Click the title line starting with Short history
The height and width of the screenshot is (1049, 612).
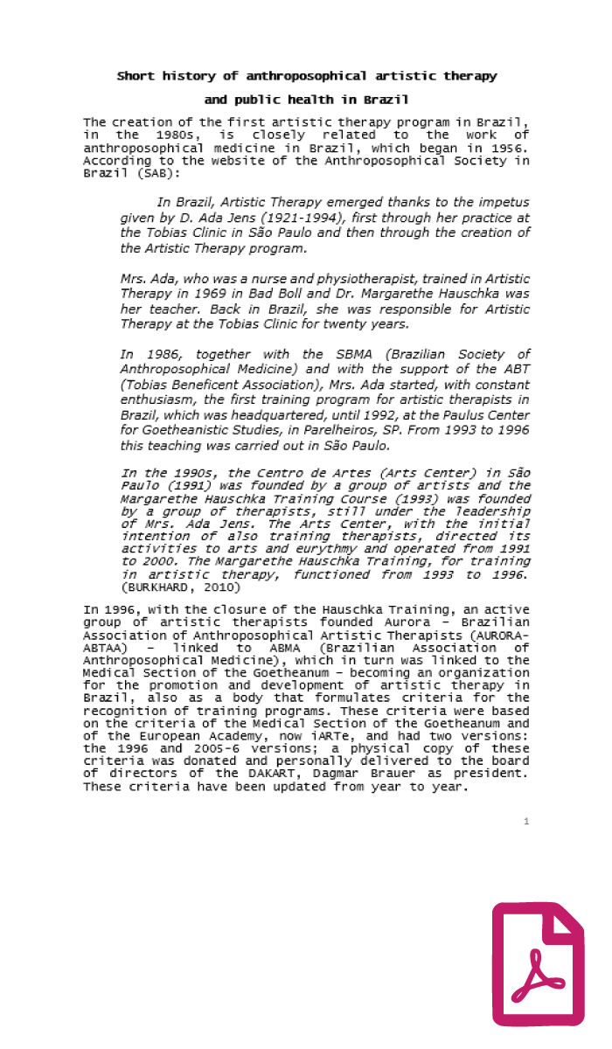click(x=307, y=76)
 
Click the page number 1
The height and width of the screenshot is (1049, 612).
click(x=526, y=821)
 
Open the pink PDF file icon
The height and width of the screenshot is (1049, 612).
click(x=538, y=963)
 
